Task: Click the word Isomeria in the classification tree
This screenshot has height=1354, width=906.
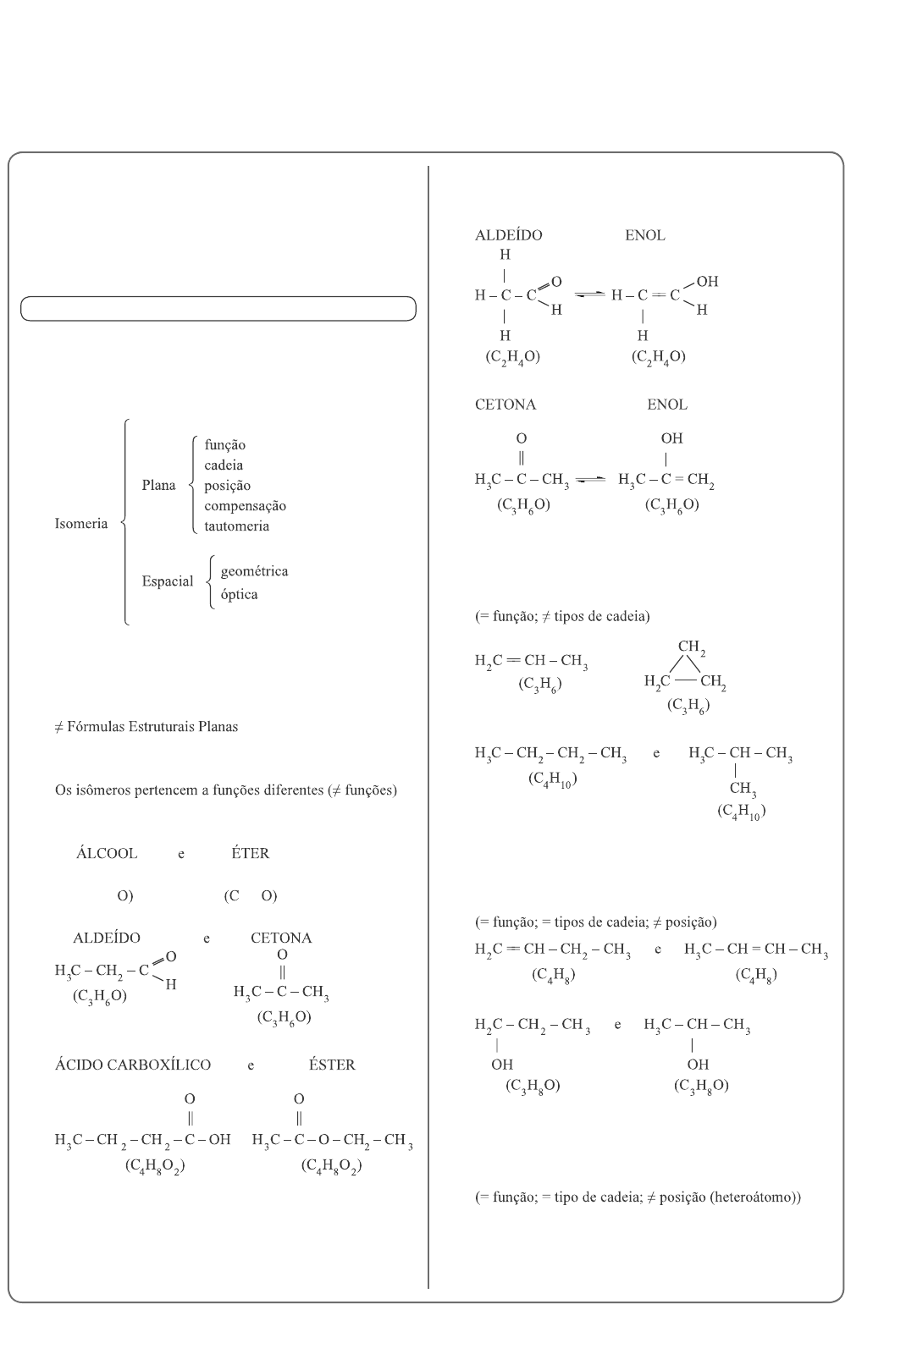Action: tap(81, 524)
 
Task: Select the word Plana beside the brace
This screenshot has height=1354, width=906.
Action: tap(158, 486)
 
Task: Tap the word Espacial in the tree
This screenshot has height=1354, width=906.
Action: tap(167, 581)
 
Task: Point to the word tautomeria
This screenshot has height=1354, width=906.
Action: tap(236, 526)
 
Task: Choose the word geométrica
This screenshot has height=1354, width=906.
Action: tap(254, 571)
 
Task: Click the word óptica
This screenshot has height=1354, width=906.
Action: tap(239, 594)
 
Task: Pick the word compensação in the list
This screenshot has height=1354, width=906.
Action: tap(245, 506)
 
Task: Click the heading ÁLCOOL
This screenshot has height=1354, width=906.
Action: tap(107, 853)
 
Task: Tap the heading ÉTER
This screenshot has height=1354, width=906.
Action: tap(250, 853)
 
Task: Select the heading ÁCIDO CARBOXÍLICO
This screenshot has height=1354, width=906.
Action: tap(133, 1065)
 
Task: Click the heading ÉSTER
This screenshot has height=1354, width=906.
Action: tap(332, 1065)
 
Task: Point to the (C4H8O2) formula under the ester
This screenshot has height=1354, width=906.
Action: tap(332, 1166)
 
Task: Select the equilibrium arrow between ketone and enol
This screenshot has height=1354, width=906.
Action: tap(589, 480)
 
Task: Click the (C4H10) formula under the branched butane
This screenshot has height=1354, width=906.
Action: tap(741, 811)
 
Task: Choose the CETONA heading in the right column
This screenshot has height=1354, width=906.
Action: tap(505, 405)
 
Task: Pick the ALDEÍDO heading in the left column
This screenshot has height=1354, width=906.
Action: tap(107, 938)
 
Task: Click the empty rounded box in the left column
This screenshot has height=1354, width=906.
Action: tap(218, 309)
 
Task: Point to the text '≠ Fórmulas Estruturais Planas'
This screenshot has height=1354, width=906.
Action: tap(146, 727)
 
